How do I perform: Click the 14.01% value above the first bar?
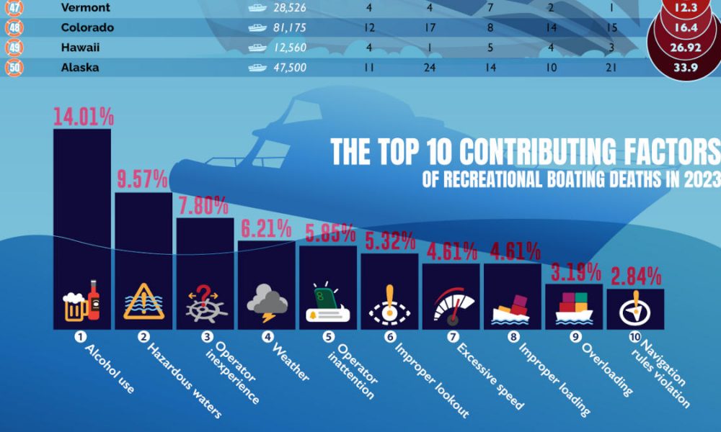pos(82,117)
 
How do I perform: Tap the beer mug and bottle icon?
pos(81,301)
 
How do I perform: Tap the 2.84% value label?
pos(634,276)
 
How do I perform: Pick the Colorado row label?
pos(87,28)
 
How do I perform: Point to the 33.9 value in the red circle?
pos(686,68)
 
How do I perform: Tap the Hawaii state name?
pos(81,48)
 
